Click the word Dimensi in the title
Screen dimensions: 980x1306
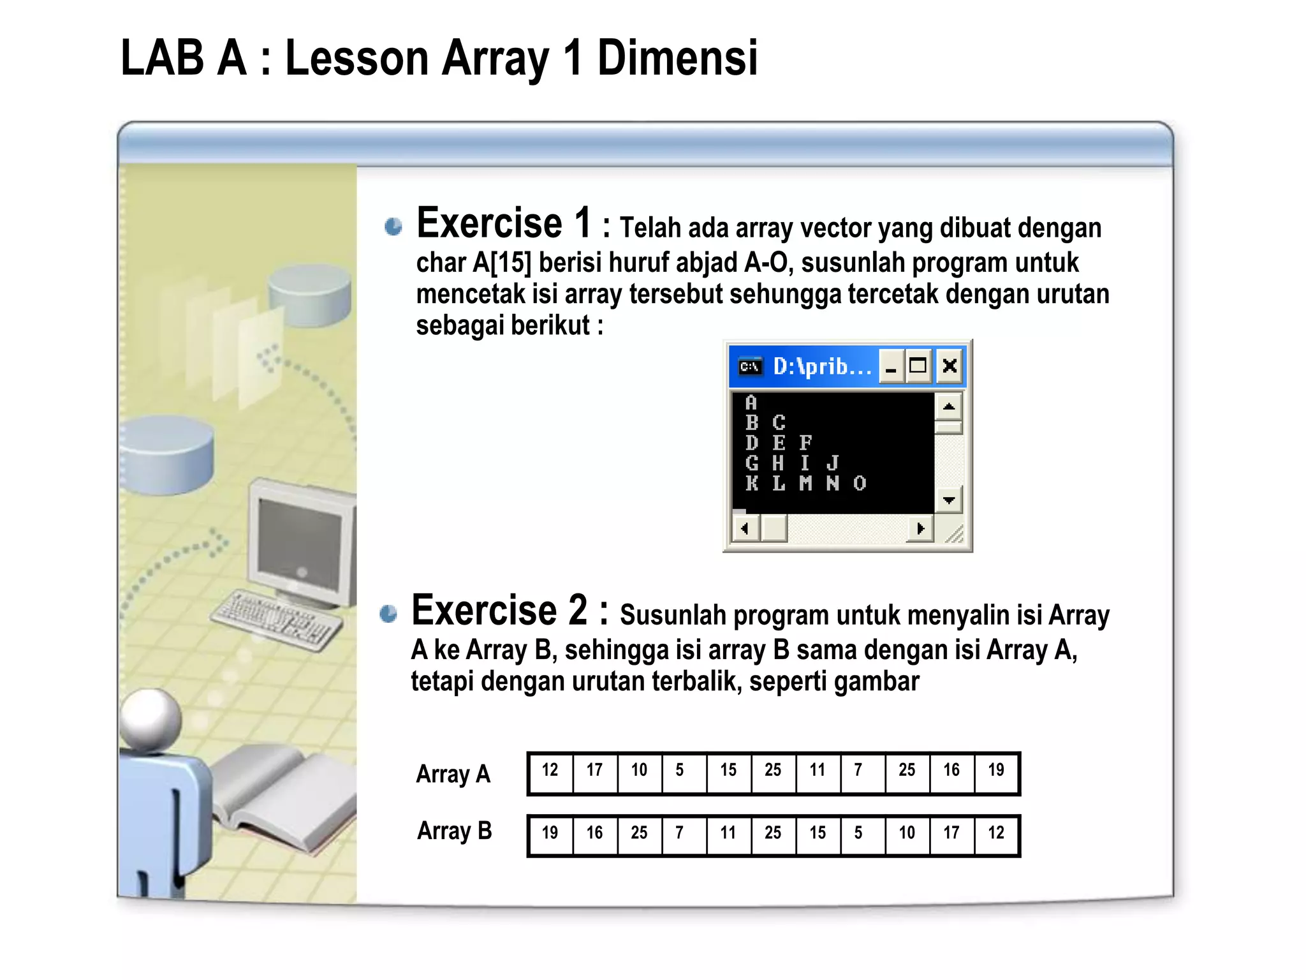(677, 58)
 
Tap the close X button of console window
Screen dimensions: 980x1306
(950, 366)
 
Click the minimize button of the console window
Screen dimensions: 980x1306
(891, 366)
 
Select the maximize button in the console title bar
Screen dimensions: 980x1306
(918, 366)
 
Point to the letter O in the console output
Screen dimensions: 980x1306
(860, 483)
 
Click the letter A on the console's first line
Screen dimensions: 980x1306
(751, 403)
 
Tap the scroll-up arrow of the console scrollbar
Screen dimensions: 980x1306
(949, 406)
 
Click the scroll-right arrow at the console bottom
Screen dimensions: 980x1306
(920, 528)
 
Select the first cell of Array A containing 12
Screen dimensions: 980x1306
(550, 771)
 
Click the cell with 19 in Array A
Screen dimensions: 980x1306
(996, 771)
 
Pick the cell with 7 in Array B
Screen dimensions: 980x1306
(680, 833)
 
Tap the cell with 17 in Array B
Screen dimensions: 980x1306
(951, 833)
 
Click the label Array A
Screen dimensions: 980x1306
(453, 774)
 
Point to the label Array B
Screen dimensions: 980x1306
(455, 831)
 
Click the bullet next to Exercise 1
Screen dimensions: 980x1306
(393, 226)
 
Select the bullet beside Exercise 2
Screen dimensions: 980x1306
(388, 614)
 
